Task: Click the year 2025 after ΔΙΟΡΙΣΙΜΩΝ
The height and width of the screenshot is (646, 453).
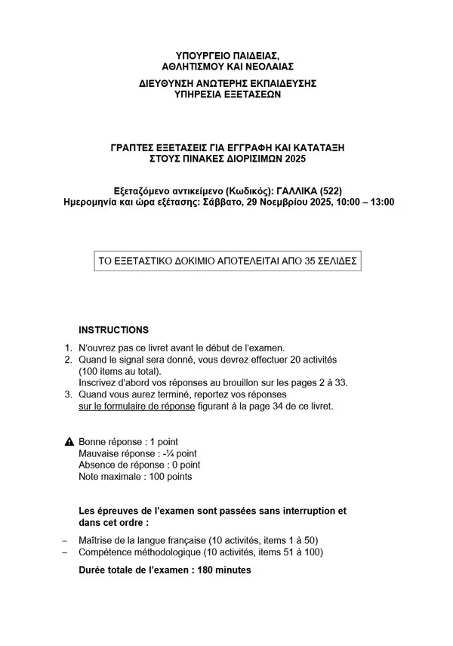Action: (x=296, y=158)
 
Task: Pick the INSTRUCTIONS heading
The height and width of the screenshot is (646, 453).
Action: (x=113, y=330)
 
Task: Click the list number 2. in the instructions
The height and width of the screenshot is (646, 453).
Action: (x=67, y=360)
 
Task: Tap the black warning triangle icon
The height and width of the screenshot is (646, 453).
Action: (x=69, y=441)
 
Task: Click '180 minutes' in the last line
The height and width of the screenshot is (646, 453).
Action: (x=224, y=570)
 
